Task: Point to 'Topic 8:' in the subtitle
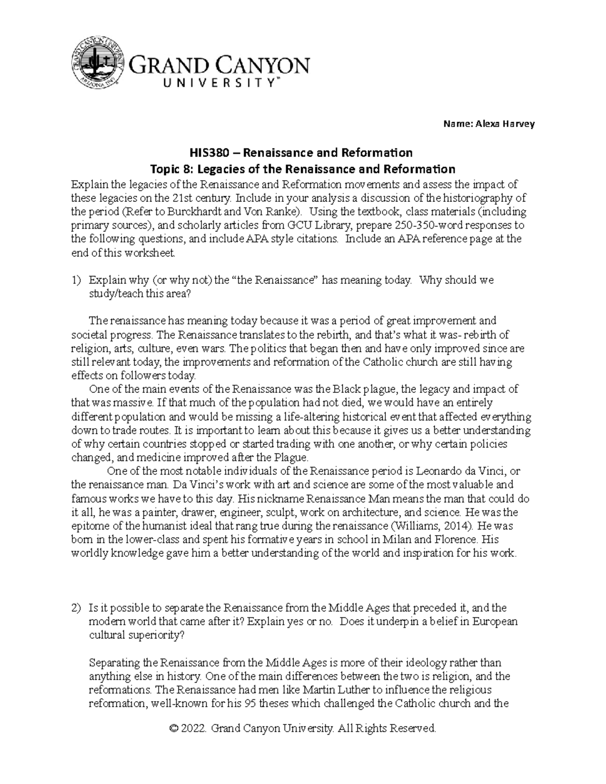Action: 164,169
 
